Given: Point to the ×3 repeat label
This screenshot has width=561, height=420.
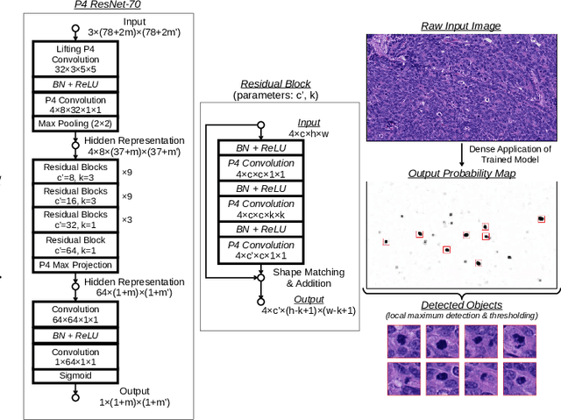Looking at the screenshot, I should point(127,220).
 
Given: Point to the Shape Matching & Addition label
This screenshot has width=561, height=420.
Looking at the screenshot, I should point(308,279).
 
